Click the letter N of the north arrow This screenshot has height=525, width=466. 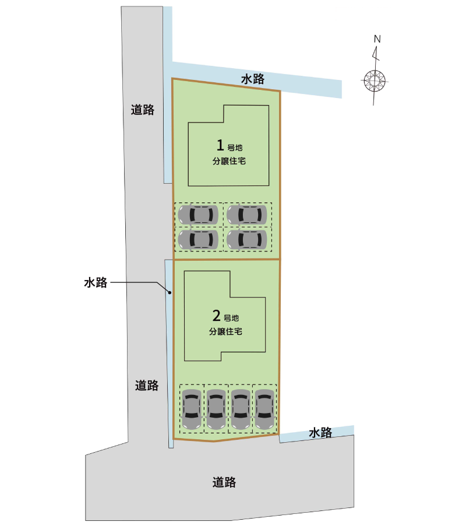(x=377, y=39)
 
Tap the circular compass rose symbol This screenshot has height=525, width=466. (x=375, y=81)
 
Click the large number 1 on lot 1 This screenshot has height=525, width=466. (x=220, y=145)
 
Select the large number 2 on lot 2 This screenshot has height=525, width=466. (x=217, y=316)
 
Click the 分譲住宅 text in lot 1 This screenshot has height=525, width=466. (x=229, y=161)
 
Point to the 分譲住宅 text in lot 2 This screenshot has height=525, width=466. (x=225, y=331)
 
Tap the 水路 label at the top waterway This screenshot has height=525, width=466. (x=253, y=79)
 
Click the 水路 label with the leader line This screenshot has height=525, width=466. (x=96, y=282)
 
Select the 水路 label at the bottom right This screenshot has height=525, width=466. (x=320, y=433)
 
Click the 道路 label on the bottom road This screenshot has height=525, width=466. (x=224, y=482)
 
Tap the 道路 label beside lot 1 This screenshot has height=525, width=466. (x=142, y=110)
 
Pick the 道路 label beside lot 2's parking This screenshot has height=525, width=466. (x=147, y=386)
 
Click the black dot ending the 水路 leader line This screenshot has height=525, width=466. (x=170, y=293)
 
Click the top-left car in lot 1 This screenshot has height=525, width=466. (x=198, y=215)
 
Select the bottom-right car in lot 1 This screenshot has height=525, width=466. (x=247, y=240)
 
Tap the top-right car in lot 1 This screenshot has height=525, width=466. (x=247, y=215)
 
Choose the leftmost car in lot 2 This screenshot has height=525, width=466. (x=192, y=409)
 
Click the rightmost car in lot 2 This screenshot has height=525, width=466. (x=265, y=409)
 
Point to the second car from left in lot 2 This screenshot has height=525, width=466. (x=216, y=409)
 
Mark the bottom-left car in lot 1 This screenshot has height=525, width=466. (x=198, y=240)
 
